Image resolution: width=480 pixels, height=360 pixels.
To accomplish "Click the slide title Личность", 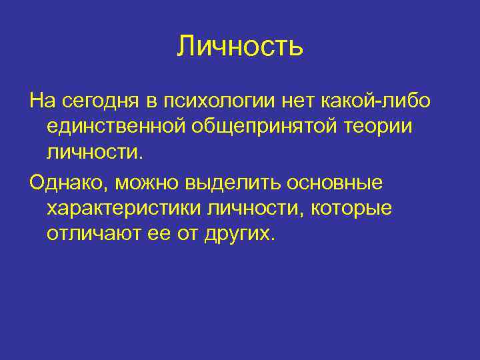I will coord(240,46).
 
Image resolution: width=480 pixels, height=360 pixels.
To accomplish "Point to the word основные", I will coord(343,183).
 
